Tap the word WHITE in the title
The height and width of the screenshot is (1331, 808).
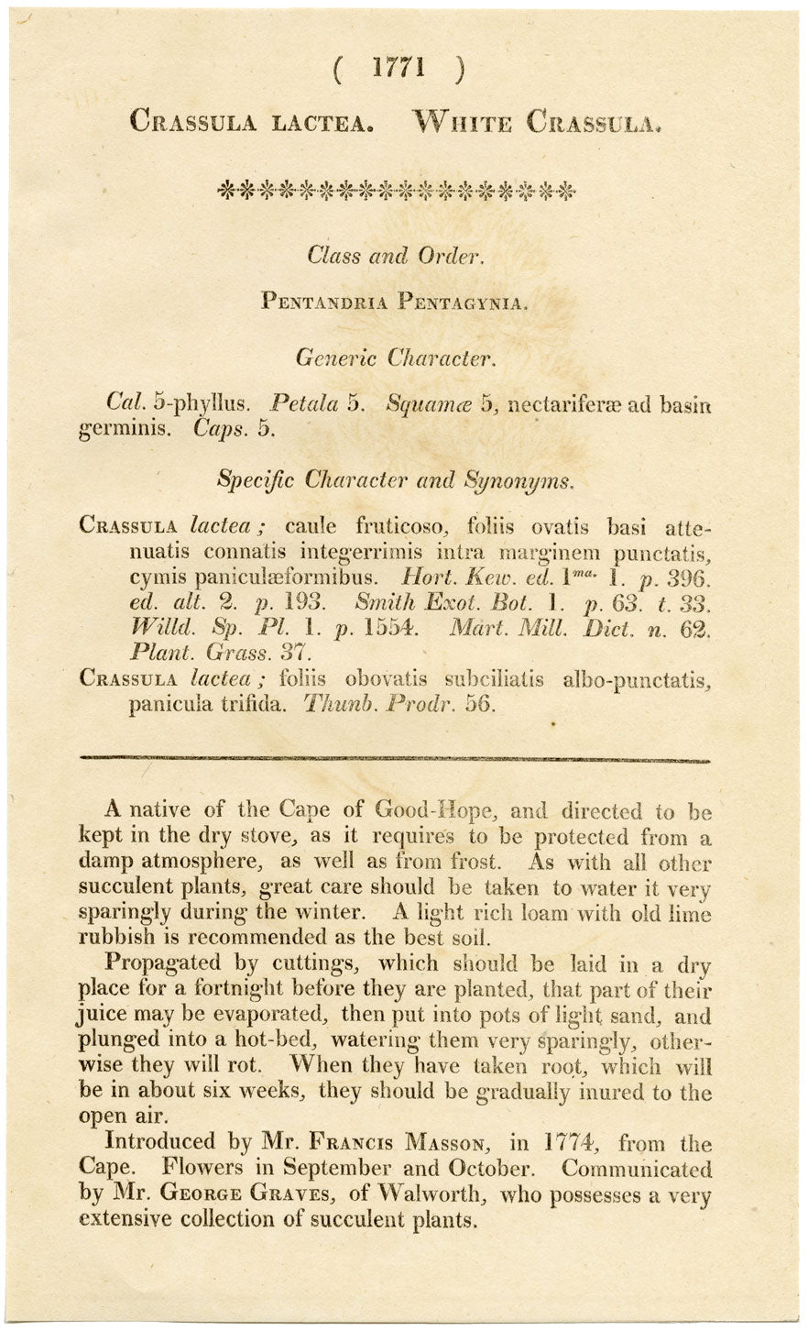coord(463,120)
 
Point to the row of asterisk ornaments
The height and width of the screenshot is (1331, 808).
coord(398,191)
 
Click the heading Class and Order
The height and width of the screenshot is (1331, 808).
coord(395,256)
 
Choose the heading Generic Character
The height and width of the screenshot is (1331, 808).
coord(394,357)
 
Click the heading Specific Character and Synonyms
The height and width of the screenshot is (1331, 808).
coord(395,478)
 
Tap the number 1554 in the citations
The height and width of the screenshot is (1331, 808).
coord(391,629)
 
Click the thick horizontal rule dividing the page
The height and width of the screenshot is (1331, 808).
coord(395,759)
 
